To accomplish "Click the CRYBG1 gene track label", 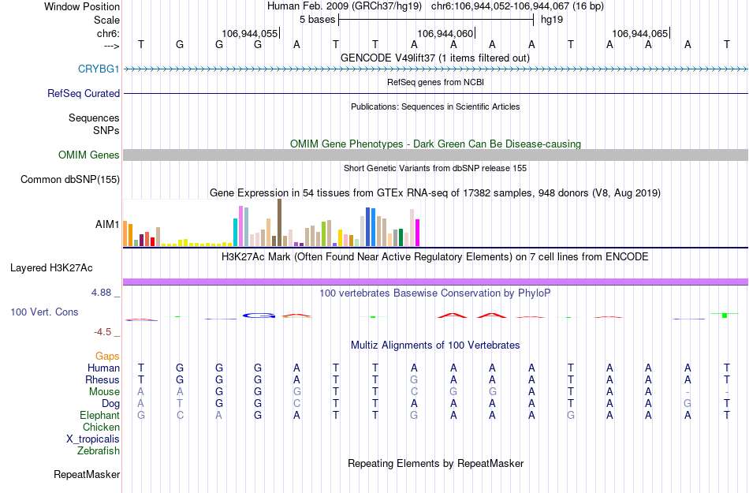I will (99, 69).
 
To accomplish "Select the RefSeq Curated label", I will (84, 93).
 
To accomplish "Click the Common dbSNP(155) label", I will (69, 180).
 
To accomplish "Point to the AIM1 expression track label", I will (107, 224).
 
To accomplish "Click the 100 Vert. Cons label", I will (44, 312).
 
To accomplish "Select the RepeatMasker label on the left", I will (87, 475).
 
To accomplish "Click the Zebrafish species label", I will (99, 451).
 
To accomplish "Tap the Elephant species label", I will (99, 416).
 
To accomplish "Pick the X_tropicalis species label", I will (93, 439).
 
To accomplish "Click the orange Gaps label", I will (107, 357).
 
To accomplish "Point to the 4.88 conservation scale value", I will (104, 293).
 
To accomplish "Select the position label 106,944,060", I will (445, 34).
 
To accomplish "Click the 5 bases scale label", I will (317, 20).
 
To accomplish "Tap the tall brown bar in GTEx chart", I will (279, 222).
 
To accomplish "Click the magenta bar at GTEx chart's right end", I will (417, 233).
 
